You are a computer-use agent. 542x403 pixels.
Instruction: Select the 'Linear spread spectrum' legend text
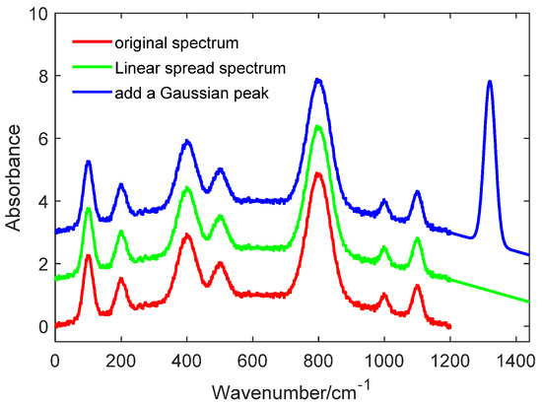tap(188, 70)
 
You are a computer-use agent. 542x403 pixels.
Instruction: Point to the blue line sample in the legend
tap(92, 93)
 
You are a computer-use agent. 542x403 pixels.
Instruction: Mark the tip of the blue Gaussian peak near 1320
tap(490, 82)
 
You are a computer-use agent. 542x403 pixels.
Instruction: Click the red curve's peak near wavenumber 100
tap(89, 256)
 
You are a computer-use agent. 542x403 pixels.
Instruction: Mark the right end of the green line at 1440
tap(529, 302)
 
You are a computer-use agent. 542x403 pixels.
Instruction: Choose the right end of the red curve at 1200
tap(449, 326)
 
